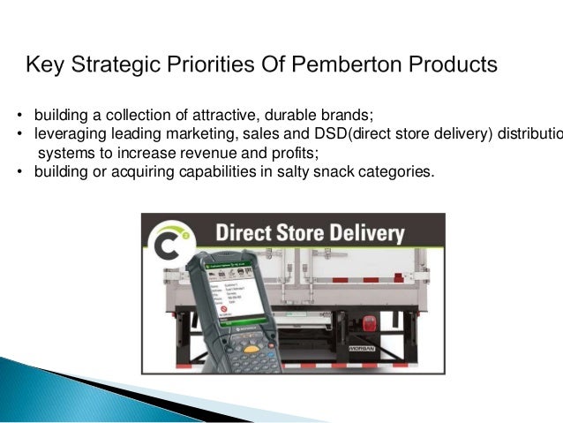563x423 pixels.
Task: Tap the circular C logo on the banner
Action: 167,239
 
